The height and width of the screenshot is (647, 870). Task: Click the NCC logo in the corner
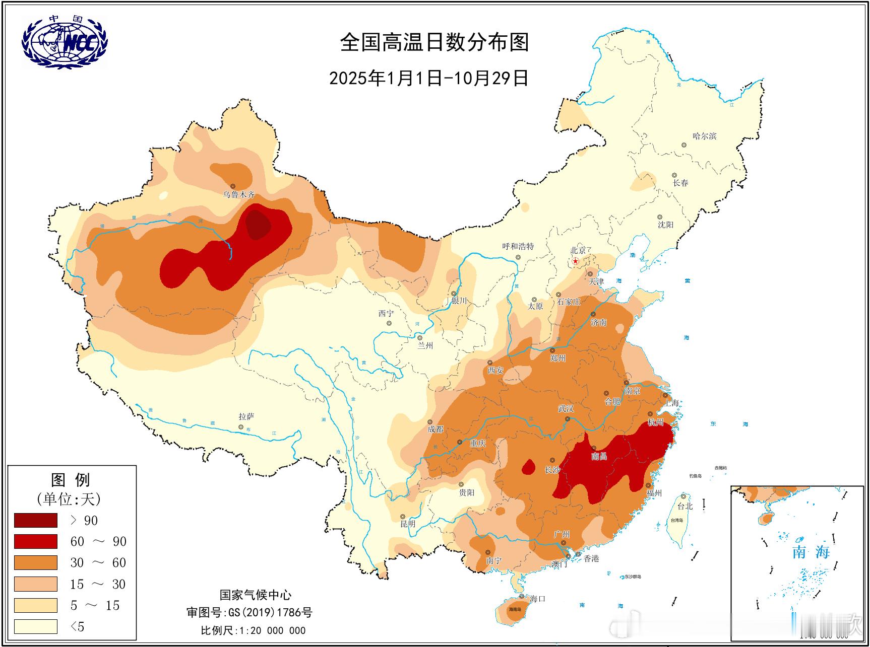[x=65, y=42]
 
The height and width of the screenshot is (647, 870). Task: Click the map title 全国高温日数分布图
[x=434, y=42]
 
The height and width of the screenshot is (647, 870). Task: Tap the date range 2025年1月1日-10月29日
[x=428, y=78]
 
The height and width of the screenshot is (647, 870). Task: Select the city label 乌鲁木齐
[x=239, y=195]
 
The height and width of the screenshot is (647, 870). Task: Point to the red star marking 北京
[x=576, y=261]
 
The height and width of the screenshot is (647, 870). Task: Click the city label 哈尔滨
[x=704, y=136]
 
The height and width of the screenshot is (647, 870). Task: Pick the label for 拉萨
[x=246, y=416]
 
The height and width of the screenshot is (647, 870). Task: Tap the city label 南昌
[x=599, y=456]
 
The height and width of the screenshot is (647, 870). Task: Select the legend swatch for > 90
[x=35, y=520]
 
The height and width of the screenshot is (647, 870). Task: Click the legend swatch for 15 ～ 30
[x=35, y=584]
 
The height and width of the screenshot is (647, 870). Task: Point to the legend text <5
[x=77, y=626]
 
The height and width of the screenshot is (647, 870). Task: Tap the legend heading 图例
[x=71, y=479]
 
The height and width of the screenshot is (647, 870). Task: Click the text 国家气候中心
[x=255, y=595]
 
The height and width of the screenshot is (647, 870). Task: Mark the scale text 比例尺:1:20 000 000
[x=253, y=630]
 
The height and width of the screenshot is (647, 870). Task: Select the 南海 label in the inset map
[x=811, y=552]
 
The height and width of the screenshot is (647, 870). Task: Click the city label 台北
[x=685, y=506]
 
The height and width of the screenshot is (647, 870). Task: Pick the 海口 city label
[x=537, y=599]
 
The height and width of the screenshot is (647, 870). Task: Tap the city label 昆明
[x=408, y=524]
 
